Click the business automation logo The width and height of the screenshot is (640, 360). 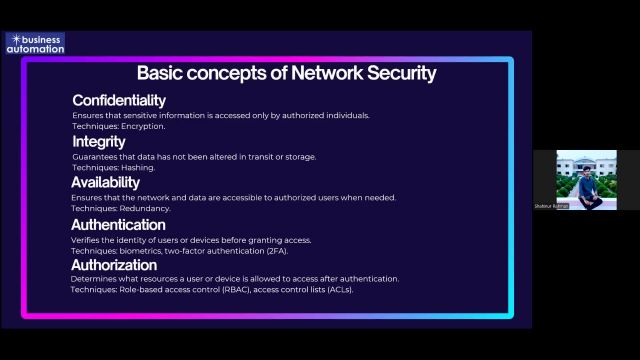click(x=34, y=43)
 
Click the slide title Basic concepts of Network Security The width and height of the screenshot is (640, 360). click(x=286, y=73)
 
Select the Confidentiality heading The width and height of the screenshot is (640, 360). click(x=119, y=100)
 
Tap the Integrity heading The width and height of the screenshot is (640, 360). click(x=98, y=141)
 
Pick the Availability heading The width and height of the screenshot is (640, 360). click(x=112, y=182)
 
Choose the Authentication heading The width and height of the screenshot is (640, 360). click(x=118, y=224)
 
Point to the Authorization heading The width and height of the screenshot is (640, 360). click(x=114, y=265)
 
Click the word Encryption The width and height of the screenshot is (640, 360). click(x=144, y=126)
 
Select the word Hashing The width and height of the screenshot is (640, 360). click(x=140, y=167)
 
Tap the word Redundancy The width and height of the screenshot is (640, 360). click(x=146, y=208)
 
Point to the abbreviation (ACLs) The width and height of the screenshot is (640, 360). click(x=339, y=290)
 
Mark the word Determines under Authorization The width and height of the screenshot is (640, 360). click(x=94, y=279)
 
